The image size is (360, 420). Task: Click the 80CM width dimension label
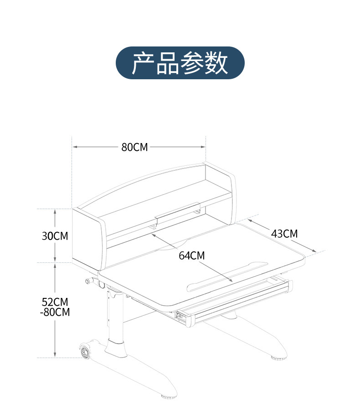pyautogui.click(x=134, y=147)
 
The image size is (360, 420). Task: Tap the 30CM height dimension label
pyautogui.click(x=55, y=236)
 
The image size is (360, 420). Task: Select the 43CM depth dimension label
pyautogui.click(x=284, y=234)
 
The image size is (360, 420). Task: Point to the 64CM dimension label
pyautogui.click(x=191, y=256)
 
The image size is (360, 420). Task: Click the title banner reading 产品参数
pyautogui.click(x=180, y=63)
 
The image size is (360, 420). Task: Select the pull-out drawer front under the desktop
pyautogui.click(x=237, y=302)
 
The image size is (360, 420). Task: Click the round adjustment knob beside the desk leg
pyautogui.click(x=87, y=282)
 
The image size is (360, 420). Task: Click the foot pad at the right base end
pyautogui.click(x=278, y=358)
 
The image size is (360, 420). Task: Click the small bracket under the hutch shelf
pyautogui.click(x=178, y=212)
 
